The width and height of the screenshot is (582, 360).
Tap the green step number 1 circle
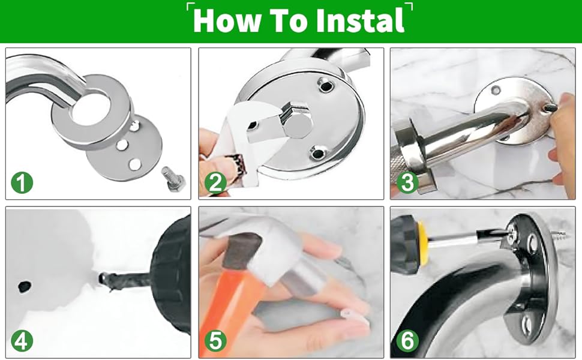coord(22,182)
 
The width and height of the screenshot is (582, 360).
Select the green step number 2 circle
coord(215,182)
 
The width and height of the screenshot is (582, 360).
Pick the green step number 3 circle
coord(407,182)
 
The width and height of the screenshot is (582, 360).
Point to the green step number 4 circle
coord(22,341)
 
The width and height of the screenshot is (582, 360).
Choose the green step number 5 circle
coord(215,341)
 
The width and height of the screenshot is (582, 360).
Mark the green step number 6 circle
coord(407,341)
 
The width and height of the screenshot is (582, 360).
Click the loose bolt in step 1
coord(173,179)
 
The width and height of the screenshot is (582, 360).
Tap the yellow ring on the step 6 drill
coord(424,244)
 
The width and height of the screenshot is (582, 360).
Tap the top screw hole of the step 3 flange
coord(496,90)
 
